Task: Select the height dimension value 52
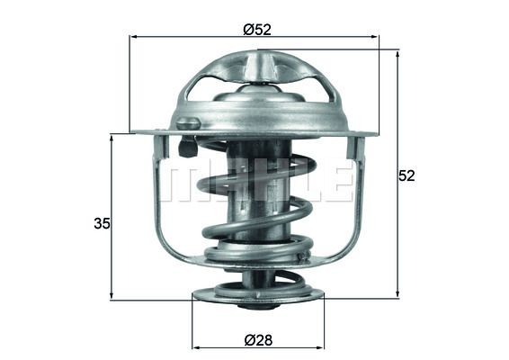click(406, 175)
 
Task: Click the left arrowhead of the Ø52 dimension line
click(135, 37)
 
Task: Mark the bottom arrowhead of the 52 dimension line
click(397, 293)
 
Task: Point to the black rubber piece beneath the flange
click(188, 145)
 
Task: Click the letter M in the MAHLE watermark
click(186, 181)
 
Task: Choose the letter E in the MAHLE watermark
click(336, 181)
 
